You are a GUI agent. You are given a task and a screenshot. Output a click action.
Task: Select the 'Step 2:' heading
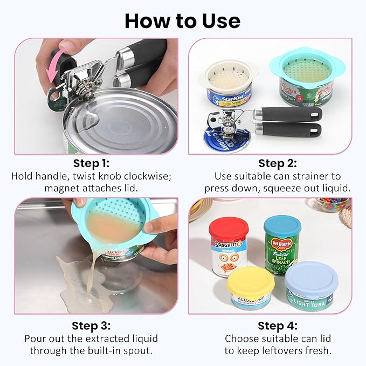(x=277, y=163)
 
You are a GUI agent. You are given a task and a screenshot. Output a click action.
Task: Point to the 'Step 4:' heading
(x=277, y=326)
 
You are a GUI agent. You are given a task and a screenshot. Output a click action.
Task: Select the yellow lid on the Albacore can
(x=251, y=281)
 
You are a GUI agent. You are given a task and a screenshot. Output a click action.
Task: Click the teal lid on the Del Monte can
(x=282, y=224)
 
